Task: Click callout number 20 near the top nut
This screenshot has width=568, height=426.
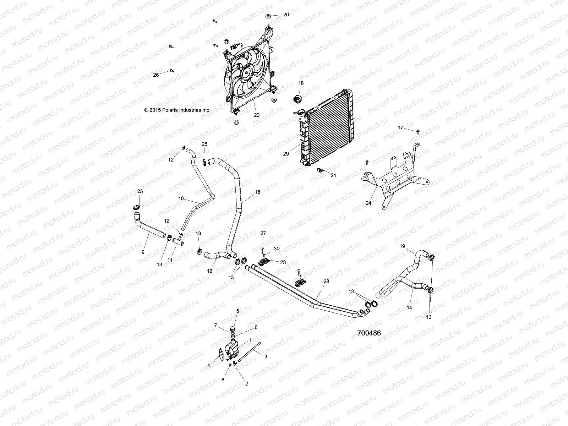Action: (286, 15)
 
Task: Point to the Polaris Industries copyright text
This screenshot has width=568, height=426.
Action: (177, 110)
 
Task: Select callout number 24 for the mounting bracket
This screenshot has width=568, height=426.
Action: (368, 203)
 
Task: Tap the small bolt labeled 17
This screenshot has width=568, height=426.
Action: (418, 132)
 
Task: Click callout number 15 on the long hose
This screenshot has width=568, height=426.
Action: (257, 192)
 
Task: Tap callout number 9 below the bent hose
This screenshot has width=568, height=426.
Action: (143, 252)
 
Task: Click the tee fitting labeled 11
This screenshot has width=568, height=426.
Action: (177, 241)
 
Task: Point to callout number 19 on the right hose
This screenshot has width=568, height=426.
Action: (402, 246)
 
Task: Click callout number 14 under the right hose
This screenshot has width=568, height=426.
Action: (409, 308)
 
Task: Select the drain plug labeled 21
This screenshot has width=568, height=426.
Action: (321, 170)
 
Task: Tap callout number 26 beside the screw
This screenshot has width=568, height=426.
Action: (156, 75)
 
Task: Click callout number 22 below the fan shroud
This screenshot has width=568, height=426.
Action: (256, 115)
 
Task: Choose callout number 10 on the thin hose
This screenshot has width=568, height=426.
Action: (181, 198)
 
